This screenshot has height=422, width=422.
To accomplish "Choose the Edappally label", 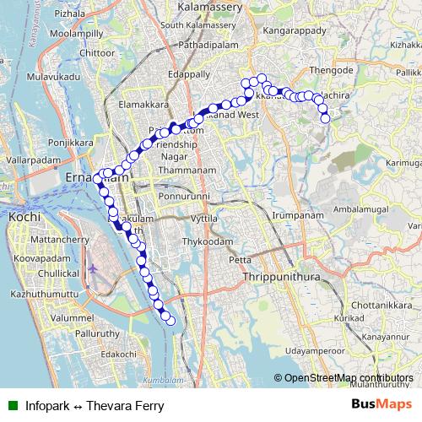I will tap(189, 73).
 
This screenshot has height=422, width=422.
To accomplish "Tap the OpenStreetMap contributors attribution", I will tap(348, 377).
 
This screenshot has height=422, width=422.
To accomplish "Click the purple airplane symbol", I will tap(93, 269).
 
